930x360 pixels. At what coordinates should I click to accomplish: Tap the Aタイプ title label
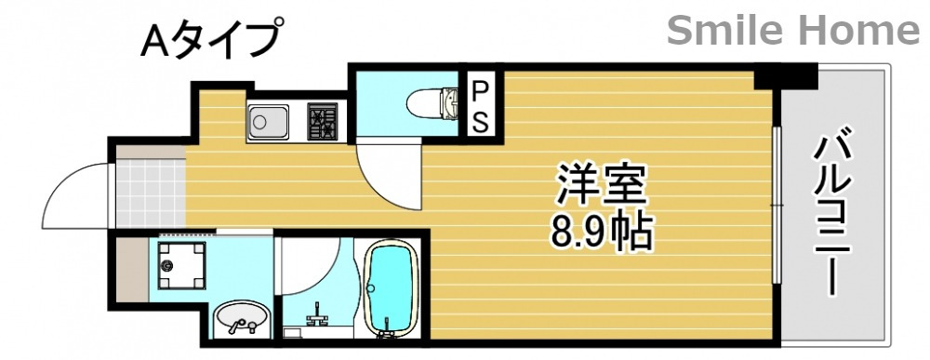tap(210, 41)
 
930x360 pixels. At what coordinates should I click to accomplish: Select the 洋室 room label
tap(601, 185)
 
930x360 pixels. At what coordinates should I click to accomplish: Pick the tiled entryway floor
tap(149, 193)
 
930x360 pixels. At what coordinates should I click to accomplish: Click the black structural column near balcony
tap(785, 75)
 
